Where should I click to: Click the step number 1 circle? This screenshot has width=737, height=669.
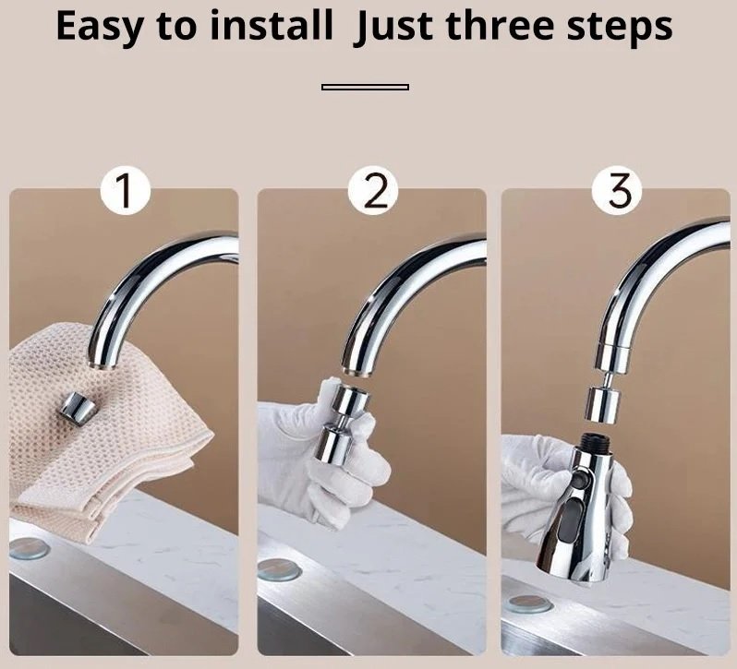pos(125,191)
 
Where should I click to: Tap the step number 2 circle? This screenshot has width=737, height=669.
pos(373,191)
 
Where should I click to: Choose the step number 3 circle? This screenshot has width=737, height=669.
pos(617,191)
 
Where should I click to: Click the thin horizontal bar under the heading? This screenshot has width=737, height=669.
pos(365,87)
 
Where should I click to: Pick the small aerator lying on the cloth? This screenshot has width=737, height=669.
pos(78,410)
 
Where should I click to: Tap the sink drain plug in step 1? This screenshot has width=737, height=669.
pos(29,549)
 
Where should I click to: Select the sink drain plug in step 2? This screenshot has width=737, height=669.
pos(279,569)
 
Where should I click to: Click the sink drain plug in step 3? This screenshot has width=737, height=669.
pos(531,603)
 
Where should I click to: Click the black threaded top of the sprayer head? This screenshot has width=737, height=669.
pos(595,442)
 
